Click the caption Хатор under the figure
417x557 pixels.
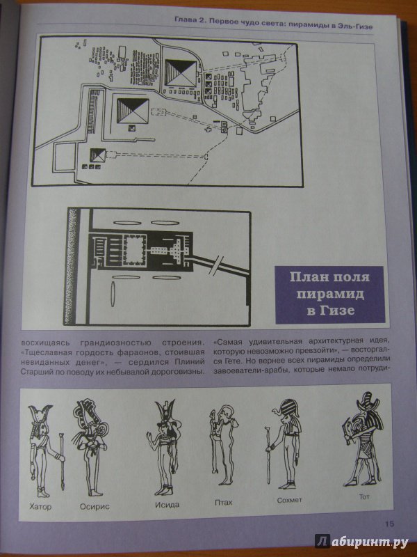click(x=40, y=506)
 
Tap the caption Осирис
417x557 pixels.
click(x=95, y=507)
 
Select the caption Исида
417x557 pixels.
click(x=167, y=505)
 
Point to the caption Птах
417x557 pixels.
click(x=223, y=502)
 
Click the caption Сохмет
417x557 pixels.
click(x=289, y=500)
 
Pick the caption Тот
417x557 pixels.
click(x=364, y=496)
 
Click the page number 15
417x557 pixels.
click(x=389, y=524)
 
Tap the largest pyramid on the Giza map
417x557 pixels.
click(x=181, y=73)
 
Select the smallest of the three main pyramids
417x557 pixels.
click(x=97, y=155)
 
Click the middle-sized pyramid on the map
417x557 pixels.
click(x=133, y=111)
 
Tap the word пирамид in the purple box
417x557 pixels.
click(x=329, y=294)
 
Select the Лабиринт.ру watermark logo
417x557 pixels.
click(x=361, y=542)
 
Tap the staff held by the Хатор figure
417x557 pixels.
click(x=62, y=462)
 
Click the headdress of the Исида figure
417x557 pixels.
click(x=165, y=412)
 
